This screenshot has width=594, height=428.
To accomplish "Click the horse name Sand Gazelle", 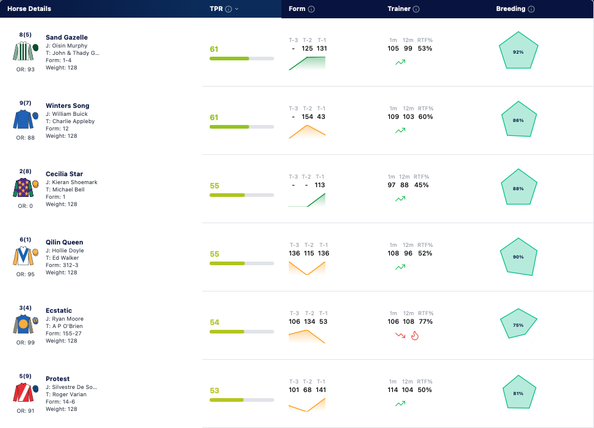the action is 66,37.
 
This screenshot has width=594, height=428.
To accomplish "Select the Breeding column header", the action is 511,9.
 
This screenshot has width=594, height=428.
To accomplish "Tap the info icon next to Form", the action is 311,9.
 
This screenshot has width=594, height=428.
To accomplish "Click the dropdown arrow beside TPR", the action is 237,9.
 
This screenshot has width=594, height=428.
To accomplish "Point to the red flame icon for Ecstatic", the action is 415,335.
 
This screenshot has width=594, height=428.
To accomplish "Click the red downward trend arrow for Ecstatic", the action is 400,335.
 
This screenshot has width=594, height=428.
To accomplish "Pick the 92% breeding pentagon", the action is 518,51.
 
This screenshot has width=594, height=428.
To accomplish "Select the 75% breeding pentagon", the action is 518,324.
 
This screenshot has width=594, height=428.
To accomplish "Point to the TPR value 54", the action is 214,323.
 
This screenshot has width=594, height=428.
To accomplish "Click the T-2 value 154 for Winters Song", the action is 307,117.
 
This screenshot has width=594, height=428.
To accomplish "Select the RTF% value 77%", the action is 426,321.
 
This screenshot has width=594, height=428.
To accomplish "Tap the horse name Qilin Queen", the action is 65,242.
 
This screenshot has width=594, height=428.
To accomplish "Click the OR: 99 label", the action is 26,342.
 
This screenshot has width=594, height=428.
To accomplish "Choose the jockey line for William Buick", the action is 66,114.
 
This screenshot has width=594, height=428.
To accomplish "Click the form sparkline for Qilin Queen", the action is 307,268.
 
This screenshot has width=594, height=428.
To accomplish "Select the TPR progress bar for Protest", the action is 242,400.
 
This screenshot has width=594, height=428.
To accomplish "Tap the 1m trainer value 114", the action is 393,390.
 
